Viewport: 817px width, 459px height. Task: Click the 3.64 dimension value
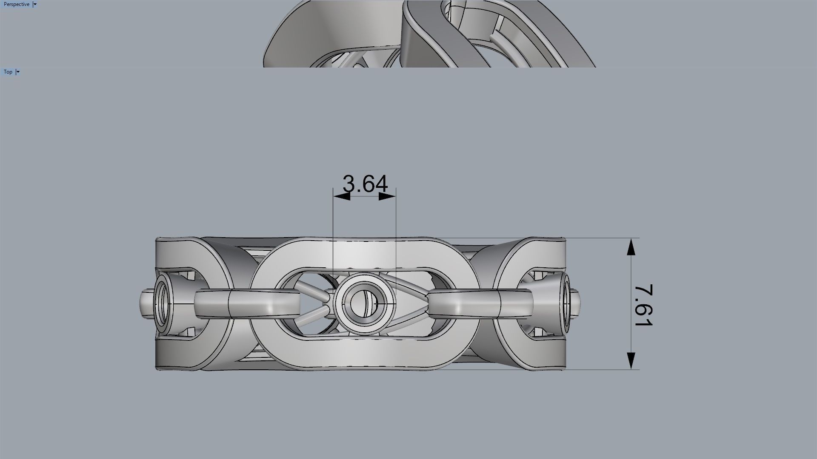coord(365,184)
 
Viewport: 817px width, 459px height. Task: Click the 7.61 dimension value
coord(643,305)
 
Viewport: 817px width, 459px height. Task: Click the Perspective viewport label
coord(17,4)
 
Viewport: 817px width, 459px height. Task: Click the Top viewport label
coord(8,72)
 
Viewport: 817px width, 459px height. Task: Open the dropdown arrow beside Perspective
coord(35,4)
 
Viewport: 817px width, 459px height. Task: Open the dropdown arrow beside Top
coord(18,72)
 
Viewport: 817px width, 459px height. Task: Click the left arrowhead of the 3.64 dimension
coord(342,196)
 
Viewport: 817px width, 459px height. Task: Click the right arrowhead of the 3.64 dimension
coord(387,196)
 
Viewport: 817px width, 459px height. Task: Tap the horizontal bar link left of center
coord(247,303)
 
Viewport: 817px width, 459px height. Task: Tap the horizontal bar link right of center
coord(481,303)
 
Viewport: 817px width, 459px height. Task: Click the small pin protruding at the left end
coord(145,303)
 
